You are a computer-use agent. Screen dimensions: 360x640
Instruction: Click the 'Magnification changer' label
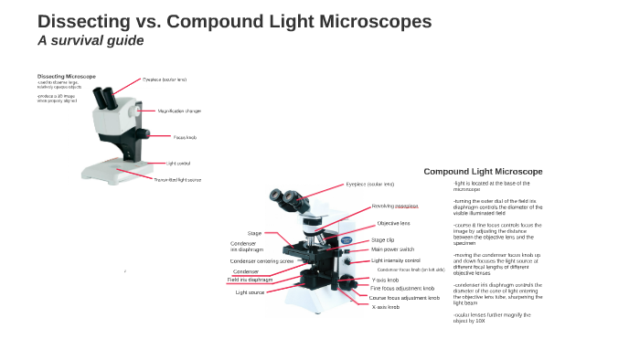179,111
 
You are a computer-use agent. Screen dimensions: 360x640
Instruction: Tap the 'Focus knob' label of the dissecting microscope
185,137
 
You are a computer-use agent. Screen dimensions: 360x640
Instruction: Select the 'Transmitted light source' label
177,180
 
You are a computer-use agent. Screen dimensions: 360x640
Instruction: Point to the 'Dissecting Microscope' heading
67,76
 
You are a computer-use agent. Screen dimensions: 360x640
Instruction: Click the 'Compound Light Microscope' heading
483,172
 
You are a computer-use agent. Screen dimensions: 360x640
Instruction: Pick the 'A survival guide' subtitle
91,41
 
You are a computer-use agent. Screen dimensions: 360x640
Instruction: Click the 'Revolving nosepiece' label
395,206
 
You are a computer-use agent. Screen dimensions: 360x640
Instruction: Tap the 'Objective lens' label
393,223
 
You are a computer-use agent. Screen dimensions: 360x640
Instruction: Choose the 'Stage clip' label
383,240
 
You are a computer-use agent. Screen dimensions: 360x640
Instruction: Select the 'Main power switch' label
392,249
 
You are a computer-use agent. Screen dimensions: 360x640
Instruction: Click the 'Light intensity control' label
396,260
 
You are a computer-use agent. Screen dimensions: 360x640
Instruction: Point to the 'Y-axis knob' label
385,280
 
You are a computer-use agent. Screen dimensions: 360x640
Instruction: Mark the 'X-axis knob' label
385,307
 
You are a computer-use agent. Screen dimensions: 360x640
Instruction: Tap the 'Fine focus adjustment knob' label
401,289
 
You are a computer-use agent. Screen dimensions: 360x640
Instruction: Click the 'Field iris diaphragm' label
251,280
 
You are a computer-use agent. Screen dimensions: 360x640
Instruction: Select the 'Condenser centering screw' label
261,261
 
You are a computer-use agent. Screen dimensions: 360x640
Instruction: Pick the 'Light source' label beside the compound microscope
250,292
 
